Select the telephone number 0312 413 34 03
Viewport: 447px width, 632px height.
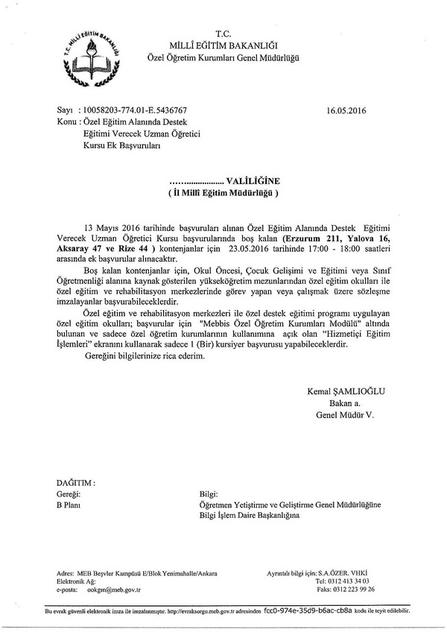tap(347, 580)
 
